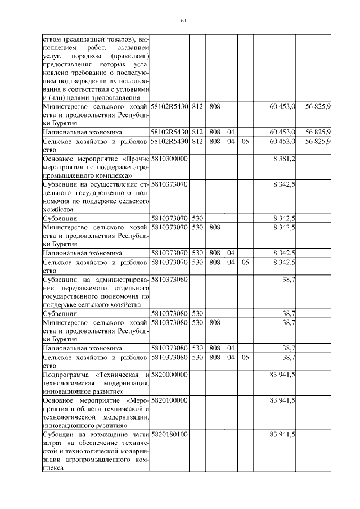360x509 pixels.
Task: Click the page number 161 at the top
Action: click(x=181, y=21)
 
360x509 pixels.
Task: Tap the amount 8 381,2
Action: click(x=285, y=159)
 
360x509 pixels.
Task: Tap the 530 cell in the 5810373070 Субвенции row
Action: click(x=197, y=218)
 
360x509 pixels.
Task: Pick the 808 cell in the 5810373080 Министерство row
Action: click(x=214, y=323)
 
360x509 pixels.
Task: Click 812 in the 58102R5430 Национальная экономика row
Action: click(x=197, y=132)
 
